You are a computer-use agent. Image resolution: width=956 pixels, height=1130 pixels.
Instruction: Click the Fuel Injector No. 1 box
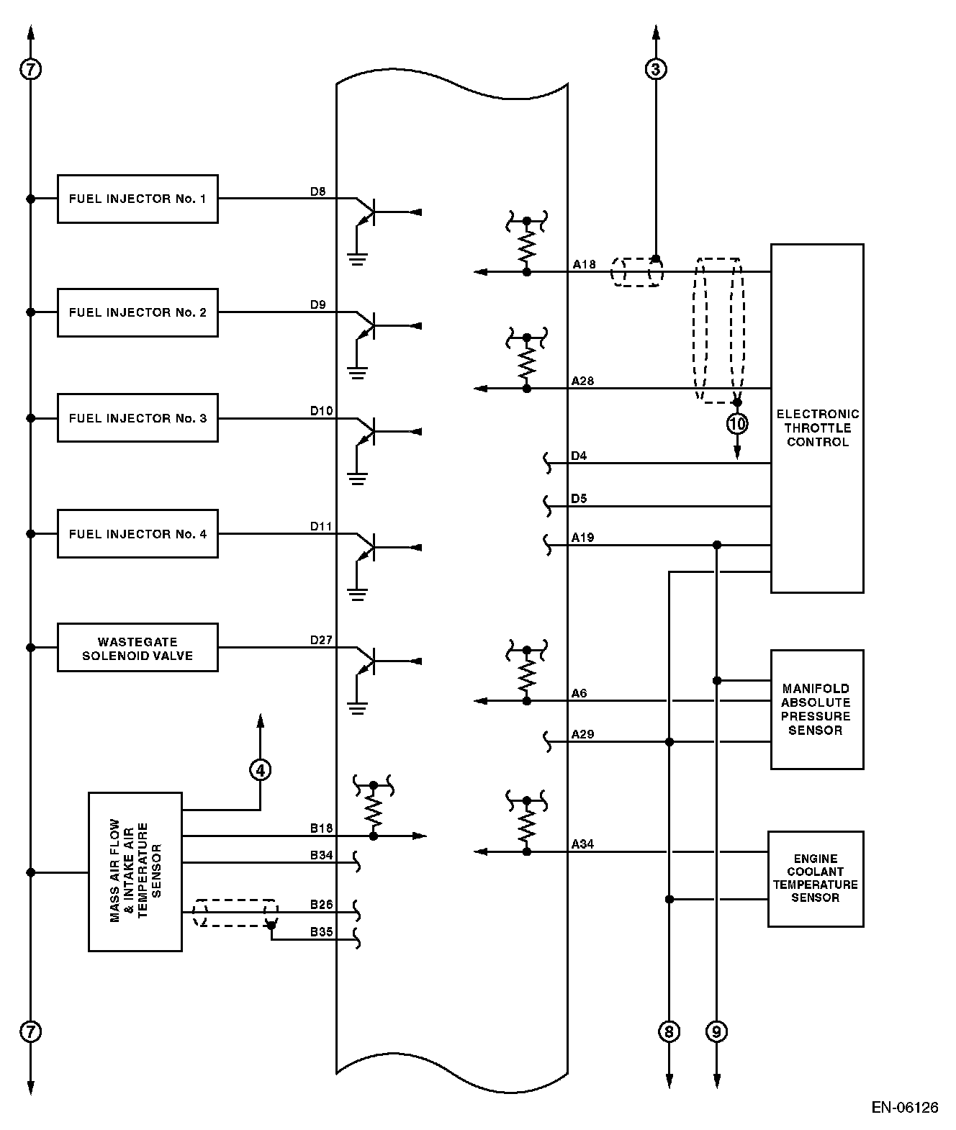coord(137,199)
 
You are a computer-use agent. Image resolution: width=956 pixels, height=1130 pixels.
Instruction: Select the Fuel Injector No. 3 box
coord(137,418)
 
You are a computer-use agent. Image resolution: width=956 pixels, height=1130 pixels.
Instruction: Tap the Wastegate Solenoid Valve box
coord(137,648)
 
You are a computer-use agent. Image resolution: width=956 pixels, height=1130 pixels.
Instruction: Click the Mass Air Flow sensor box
coord(135,872)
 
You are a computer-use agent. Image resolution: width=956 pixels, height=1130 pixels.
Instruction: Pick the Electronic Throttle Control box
coord(817,418)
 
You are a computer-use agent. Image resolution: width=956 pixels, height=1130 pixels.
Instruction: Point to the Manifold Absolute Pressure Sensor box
coord(817,710)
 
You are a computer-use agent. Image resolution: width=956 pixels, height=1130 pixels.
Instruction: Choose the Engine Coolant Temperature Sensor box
coord(816,879)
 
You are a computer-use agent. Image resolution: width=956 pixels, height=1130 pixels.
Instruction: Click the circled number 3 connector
coord(655,69)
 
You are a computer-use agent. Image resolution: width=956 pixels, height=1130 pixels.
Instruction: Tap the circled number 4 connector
coord(261,770)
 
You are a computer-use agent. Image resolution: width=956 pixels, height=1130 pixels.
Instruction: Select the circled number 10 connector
coord(737,424)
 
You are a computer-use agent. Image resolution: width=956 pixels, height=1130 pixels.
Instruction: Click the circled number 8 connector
coord(669,1032)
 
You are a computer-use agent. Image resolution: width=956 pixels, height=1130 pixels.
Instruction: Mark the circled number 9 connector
coord(716,1032)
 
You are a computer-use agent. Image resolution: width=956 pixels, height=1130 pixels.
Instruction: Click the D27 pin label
coord(321,639)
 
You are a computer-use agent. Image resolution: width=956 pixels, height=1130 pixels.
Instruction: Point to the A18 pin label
coord(584,264)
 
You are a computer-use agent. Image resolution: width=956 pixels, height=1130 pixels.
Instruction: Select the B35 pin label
coord(321,931)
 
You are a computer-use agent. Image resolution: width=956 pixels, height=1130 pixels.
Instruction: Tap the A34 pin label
coord(582,844)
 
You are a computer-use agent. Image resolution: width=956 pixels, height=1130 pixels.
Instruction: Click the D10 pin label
coord(321,410)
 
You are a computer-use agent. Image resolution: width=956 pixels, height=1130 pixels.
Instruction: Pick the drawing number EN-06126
coord(905,1108)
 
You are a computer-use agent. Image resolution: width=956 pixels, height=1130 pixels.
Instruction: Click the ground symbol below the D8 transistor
coord(357,257)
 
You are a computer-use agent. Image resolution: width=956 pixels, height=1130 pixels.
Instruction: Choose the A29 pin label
coord(582,734)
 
